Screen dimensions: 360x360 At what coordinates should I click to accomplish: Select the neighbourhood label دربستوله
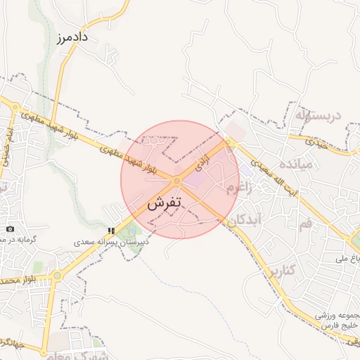(322, 114)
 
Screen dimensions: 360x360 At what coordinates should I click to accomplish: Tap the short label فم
(304, 224)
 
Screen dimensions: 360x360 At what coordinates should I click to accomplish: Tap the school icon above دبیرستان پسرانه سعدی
(111, 230)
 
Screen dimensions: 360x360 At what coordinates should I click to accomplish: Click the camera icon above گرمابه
(10, 229)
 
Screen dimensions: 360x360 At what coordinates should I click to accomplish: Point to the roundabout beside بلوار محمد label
(57, 276)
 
